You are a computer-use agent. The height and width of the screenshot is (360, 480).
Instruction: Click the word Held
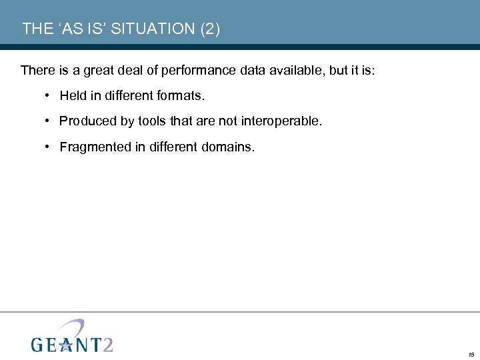pyautogui.click(x=72, y=96)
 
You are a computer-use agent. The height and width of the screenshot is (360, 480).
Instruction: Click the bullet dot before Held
pyautogui.click(x=49, y=96)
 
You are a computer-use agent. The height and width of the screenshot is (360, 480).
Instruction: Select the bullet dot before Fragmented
pyautogui.click(x=49, y=147)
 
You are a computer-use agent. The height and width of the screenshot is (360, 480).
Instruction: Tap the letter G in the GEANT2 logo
pyautogui.click(x=38, y=344)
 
